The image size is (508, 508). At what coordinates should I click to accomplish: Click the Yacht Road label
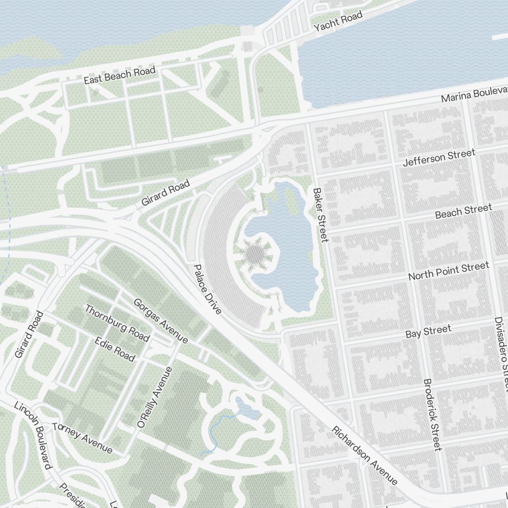point(338,21)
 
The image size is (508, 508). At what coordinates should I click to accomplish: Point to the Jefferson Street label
point(439,157)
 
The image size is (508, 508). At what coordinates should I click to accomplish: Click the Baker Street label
point(321,215)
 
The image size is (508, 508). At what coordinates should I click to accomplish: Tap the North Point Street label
point(449,271)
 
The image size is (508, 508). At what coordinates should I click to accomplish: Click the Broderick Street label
point(432,414)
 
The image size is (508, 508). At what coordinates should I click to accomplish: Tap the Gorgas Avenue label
point(160,320)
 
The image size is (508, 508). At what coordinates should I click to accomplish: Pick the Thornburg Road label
point(117,323)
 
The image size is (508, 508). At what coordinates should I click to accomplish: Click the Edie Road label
point(115,349)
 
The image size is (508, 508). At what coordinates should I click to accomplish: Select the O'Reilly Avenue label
point(155,397)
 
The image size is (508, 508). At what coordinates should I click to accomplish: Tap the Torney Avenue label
point(82,437)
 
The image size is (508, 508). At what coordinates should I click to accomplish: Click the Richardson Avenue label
point(364,455)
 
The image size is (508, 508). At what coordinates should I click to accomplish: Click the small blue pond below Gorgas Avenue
point(245,408)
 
